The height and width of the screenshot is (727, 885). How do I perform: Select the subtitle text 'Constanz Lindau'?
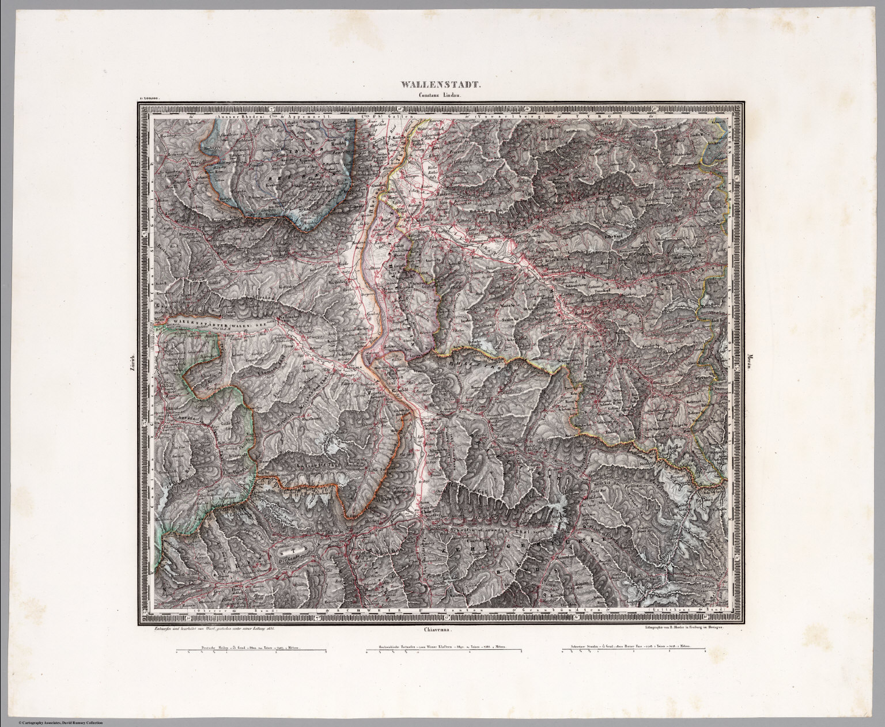click(441, 96)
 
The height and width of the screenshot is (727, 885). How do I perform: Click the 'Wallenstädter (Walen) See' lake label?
click(213, 324)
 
